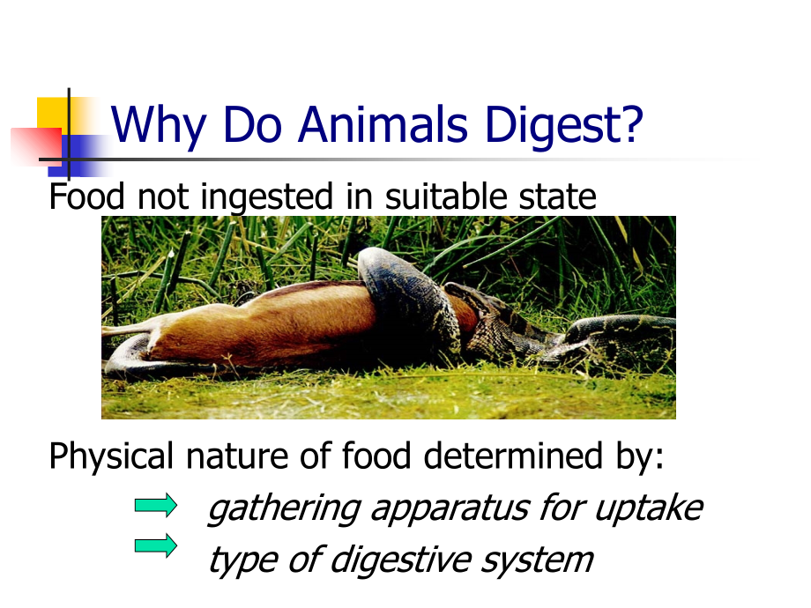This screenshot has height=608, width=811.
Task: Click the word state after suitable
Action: tap(557, 196)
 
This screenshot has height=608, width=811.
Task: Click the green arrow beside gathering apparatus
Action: tap(155, 505)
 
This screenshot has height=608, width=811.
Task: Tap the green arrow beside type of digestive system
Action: tap(155, 546)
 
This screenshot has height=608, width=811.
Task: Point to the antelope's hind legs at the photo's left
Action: tap(141, 339)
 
